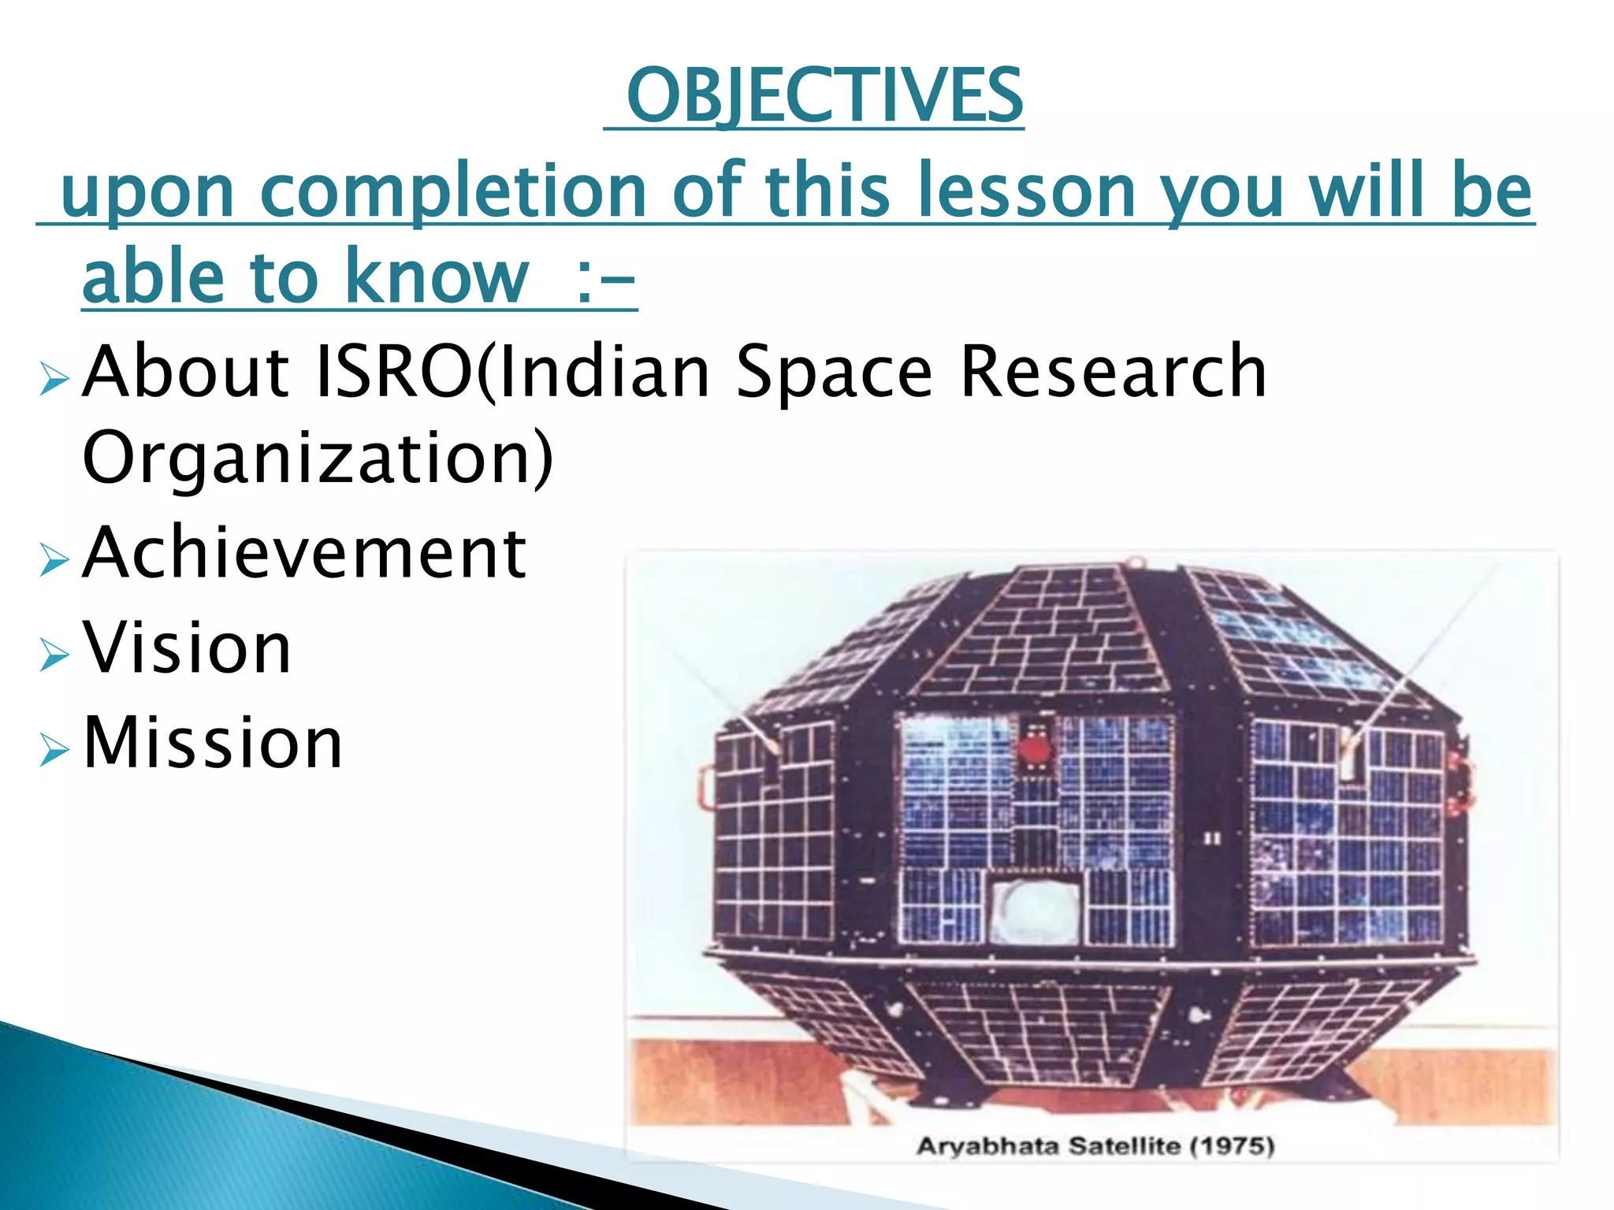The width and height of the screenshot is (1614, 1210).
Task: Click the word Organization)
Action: (x=318, y=458)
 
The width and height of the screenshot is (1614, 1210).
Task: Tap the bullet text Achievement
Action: (x=304, y=553)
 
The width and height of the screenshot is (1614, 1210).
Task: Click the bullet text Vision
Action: (x=188, y=648)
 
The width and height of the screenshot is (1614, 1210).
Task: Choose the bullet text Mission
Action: (x=213, y=743)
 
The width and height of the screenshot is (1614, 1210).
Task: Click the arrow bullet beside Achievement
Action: (x=54, y=560)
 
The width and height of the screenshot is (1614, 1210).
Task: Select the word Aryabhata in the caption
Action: (x=987, y=1145)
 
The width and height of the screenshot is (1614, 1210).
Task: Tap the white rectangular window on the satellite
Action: (x=1036, y=911)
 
